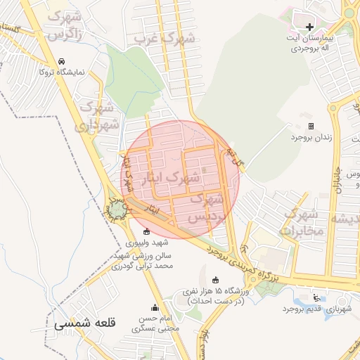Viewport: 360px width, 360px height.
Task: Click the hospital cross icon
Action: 309,27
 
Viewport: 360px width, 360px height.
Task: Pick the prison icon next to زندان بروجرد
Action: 311,126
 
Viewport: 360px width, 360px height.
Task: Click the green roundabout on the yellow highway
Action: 117,209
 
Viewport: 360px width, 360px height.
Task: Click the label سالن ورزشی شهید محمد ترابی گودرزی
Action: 144,260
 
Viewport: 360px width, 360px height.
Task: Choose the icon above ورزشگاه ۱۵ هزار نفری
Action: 215,279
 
